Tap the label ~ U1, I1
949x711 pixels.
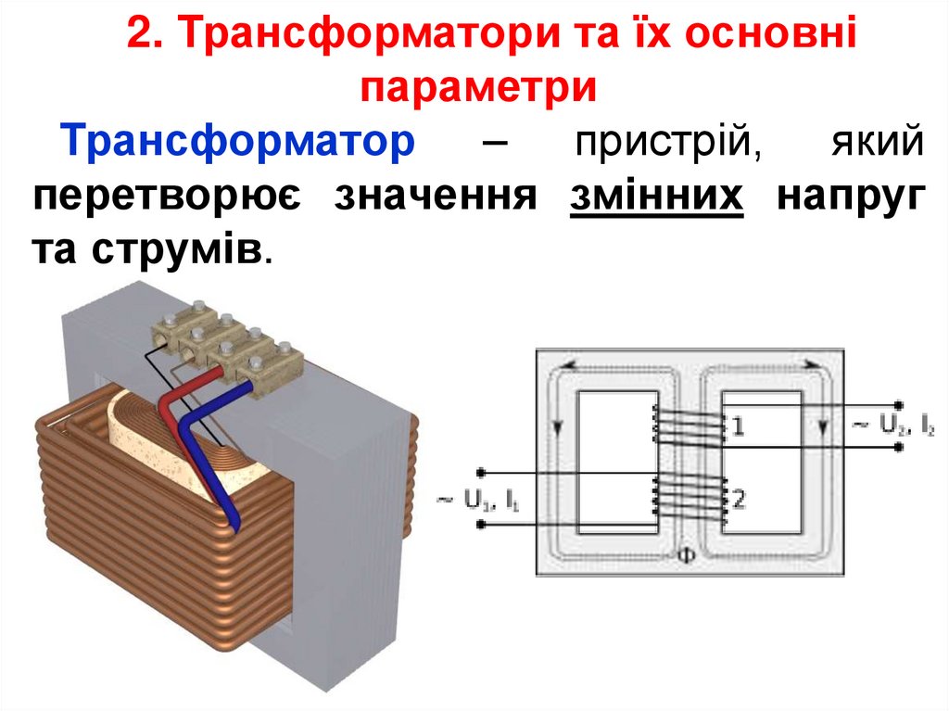(x=479, y=502)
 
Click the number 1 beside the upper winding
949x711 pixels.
(x=738, y=427)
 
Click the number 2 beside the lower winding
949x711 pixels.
(x=739, y=501)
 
